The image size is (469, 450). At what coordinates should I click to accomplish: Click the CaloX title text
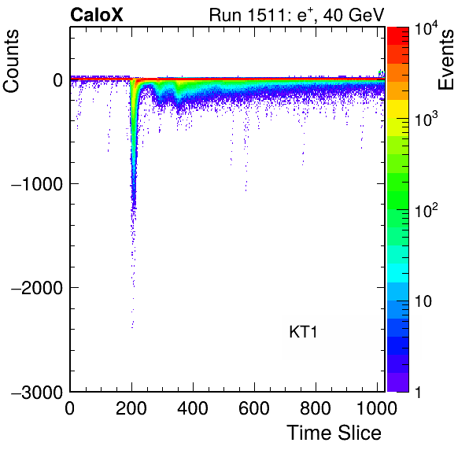tap(96, 15)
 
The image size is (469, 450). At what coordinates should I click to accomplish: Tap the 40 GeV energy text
tap(353, 15)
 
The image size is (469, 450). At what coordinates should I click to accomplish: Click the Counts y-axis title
tap(11, 61)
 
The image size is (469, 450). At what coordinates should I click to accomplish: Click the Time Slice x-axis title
tap(334, 433)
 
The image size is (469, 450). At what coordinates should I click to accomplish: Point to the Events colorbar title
tap(445, 60)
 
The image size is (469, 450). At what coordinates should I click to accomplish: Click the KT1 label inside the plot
tap(303, 332)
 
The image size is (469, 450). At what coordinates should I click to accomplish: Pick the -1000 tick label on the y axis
tap(37, 184)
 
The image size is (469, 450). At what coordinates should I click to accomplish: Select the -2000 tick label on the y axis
tap(37, 288)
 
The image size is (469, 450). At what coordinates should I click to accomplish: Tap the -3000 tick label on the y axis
tap(37, 393)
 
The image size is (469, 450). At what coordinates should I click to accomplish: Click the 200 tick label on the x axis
tap(131, 408)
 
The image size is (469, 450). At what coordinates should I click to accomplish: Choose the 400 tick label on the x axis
tap(193, 408)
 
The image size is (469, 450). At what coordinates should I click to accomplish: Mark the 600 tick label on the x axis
tap(254, 408)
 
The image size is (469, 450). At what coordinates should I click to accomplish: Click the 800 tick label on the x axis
tap(316, 408)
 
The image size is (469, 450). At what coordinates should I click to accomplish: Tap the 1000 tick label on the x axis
tap(377, 408)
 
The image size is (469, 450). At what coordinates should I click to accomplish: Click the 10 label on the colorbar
tap(423, 301)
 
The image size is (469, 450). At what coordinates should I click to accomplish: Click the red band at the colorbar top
tap(398, 36)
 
